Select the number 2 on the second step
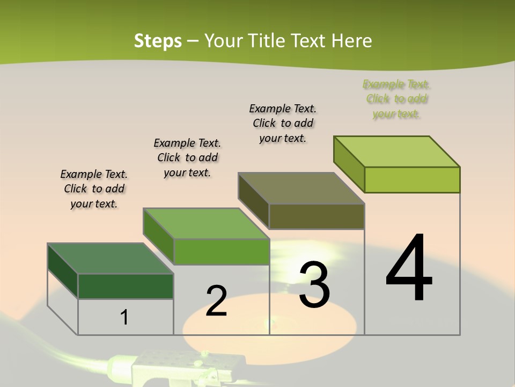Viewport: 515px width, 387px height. click(x=216, y=301)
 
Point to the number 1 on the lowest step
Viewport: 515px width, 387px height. click(x=124, y=317)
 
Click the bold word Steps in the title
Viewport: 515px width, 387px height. click(x=158, y=41)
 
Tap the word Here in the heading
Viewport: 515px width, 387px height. click(x=351, y=41)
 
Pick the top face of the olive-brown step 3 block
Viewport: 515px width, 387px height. click(x=301, y=188)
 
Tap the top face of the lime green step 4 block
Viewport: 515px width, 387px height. click(x=396, y=152)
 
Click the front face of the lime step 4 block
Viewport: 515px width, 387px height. click(x=412, y=180)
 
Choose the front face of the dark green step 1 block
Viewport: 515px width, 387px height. click(x=126, y=286)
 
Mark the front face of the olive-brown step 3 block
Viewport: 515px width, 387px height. click(x=317, y=216)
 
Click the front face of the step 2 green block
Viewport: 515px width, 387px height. click(x=221, y=252)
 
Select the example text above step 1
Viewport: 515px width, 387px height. click(x=94, y=189)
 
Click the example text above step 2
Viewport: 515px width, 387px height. click(x=187, y=157)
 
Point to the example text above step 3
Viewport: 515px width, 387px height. click(x=283, y=123)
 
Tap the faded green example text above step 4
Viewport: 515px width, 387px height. click(x=396, y=99)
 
